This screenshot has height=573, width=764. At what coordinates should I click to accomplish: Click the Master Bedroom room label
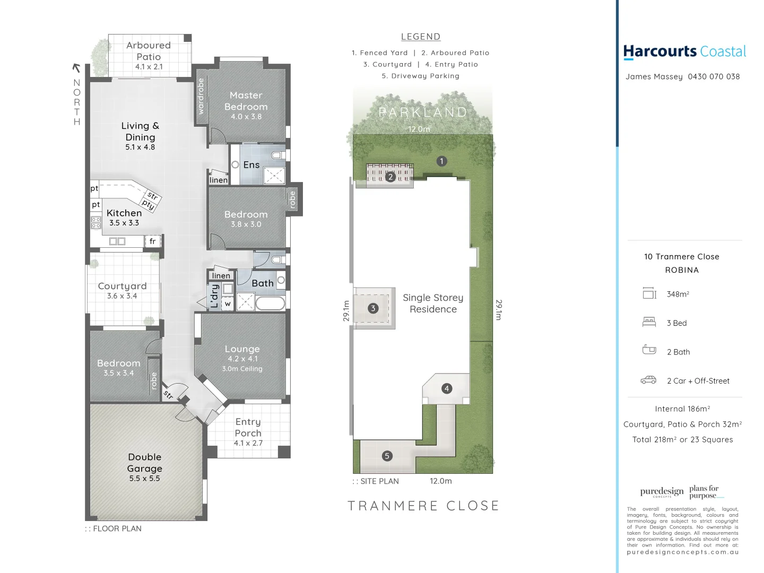click(x=246, y=101)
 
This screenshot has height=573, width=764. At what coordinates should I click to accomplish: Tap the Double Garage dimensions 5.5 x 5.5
click(x=144, y=479)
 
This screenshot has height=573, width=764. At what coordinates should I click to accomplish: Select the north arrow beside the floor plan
click(x=76, y=68)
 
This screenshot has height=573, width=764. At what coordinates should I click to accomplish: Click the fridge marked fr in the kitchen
click(x=152, y=241)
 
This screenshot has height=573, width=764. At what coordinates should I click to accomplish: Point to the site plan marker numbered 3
click(x=373, y=308)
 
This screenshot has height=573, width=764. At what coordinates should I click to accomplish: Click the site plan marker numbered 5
click(x=387, y=456)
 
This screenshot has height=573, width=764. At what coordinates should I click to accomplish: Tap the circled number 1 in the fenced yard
click(x=441, y=161)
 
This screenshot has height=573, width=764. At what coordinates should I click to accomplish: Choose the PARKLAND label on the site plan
click(x=423, y=112)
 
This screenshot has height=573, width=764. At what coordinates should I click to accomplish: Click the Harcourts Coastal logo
click(x=684, y=51)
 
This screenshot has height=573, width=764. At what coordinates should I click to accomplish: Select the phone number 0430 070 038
click(x=714, y=76)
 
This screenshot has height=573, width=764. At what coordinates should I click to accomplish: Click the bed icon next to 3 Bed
click(x=649, y=322)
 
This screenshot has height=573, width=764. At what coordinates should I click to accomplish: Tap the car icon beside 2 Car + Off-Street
click(x=648, y=380)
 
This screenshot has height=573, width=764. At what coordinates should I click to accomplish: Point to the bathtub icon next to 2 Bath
click(x=649, y=350)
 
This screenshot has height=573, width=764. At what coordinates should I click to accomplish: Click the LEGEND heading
click(x=420, y=37)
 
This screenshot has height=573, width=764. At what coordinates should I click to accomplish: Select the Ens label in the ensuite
click(x=251, y=165)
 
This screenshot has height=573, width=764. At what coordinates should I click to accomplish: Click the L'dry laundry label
click(x=214, y=296)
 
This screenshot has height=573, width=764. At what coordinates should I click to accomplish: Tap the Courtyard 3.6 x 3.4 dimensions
click(x=122, y=296)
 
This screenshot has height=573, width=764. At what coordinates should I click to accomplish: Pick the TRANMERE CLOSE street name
click(x=423, y=506)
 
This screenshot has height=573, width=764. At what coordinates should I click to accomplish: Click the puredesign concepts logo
click(x=662, y=492)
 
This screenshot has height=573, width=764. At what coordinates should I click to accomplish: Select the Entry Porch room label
click(x=248, y=427)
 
